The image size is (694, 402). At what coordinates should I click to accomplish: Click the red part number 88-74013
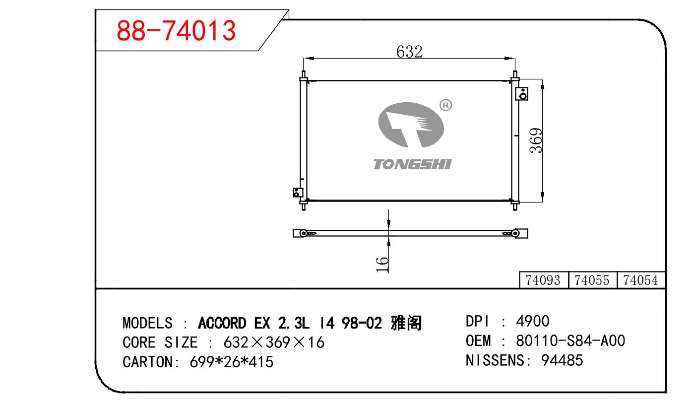click(176, 30)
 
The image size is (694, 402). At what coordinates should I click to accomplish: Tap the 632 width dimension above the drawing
click(409, 52)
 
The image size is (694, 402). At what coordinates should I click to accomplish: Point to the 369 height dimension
click(536, 140)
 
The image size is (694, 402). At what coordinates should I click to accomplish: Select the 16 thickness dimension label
click(382, 265)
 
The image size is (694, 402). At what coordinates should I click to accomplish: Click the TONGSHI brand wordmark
click(412, 164)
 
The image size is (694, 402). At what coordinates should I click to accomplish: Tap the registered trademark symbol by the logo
click(446, 105)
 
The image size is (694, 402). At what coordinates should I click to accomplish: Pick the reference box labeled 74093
click(543, 280)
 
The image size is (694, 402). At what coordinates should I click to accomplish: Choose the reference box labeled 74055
click(592, 280)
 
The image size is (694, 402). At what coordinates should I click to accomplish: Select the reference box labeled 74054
click(641, 280)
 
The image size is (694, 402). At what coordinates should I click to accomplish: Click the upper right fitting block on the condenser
click(522, 94)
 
